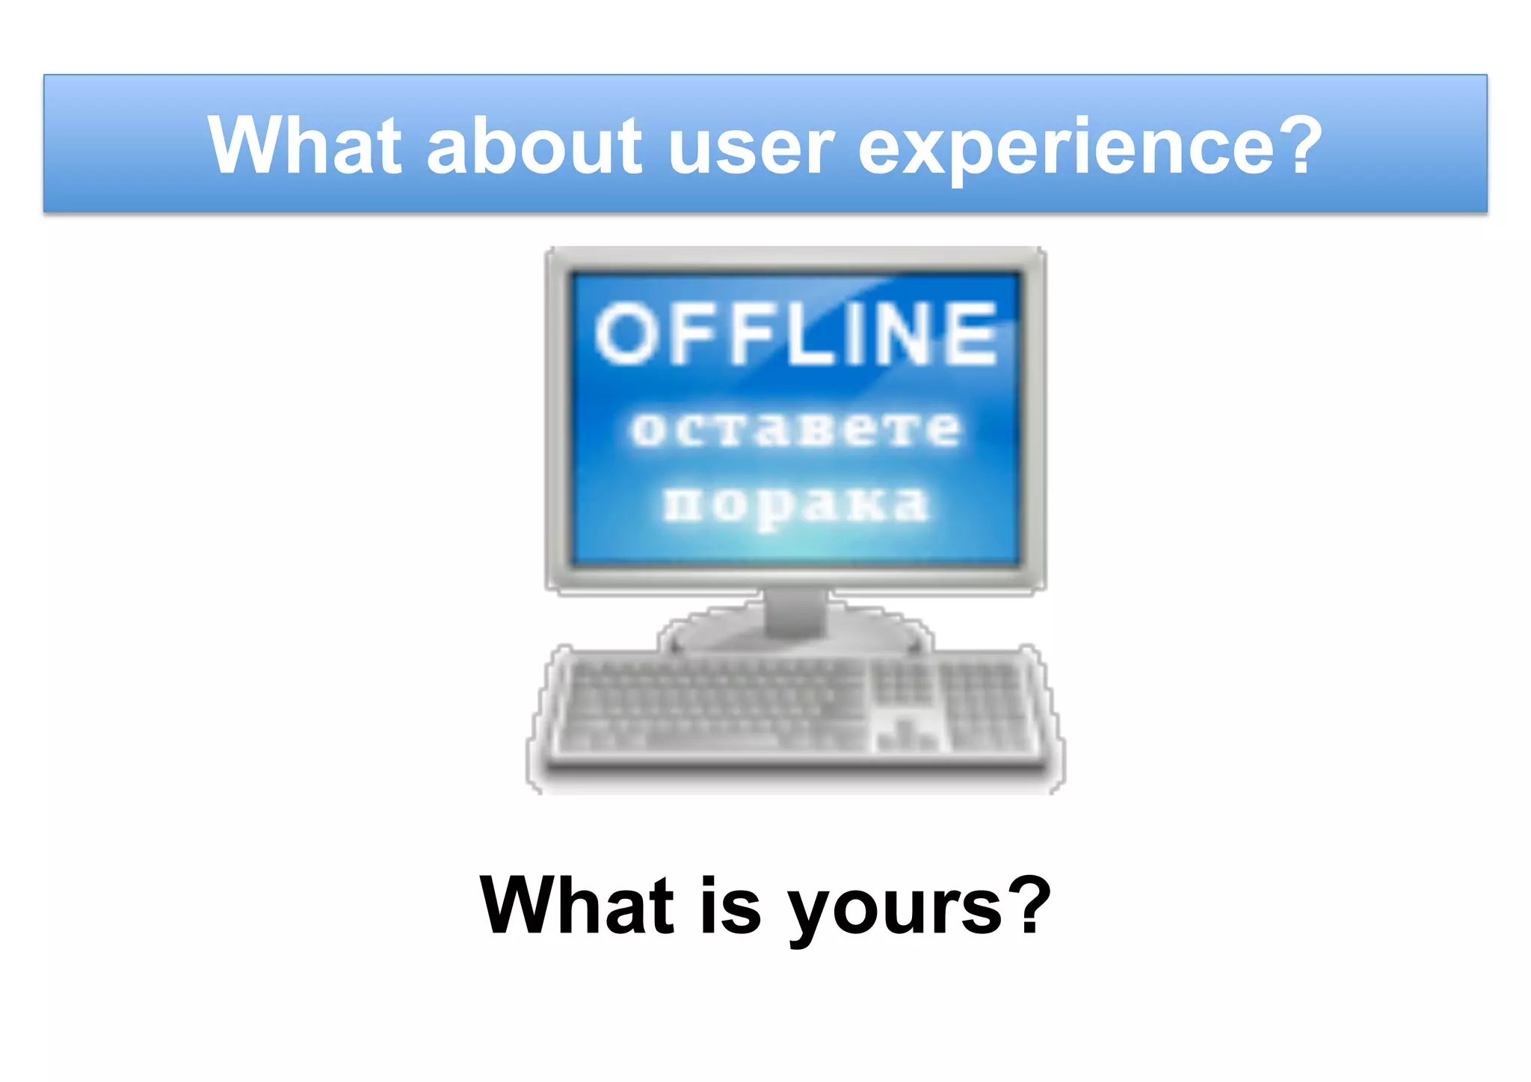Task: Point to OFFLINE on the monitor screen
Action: (795, 334)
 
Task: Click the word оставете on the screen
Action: (795, 430)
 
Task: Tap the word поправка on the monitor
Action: (795, 505)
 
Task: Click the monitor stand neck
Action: (795, 611)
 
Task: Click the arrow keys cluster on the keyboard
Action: (905, 736)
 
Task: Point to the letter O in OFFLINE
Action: (624, 334)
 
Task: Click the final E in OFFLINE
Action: (970, 334)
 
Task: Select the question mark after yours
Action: (1029, 905)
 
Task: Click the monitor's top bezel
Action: (795, 259)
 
